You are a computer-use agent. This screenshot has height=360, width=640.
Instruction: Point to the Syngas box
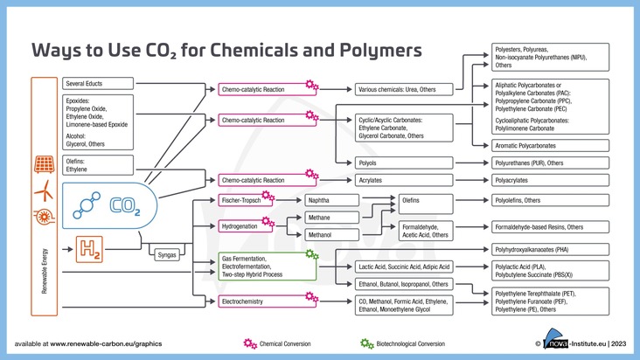point(166,255)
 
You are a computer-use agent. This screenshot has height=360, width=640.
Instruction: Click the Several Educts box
point(98,84)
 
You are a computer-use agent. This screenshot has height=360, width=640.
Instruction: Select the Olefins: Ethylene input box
point(98,165)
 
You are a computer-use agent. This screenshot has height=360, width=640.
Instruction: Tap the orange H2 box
point(91,250)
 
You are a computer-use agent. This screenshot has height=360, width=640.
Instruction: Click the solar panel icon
point(41,164)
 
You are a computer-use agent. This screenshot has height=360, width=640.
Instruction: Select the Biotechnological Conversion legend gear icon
point(366,343)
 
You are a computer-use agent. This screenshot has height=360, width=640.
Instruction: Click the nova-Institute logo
point(560,343)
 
